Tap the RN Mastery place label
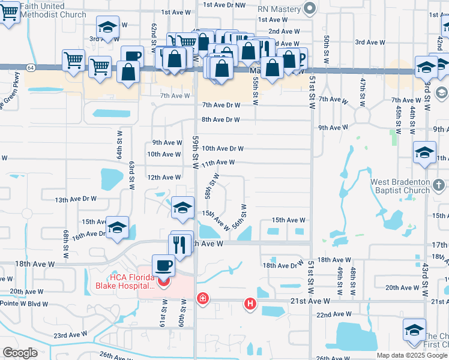(x=279, y=9)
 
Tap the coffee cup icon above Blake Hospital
(x=164, y=265)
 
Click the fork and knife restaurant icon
(x=182, y=242)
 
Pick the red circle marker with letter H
(x=250, y=305)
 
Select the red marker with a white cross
(x=203, y=298)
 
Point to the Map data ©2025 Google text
(x=411, y=355)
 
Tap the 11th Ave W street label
(x=218, y=163)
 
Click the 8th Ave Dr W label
(x=221, y=119)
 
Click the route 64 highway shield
(x=30, y=68)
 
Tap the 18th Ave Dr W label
(x=284, y=265)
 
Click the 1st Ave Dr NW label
(x=225, y=5)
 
